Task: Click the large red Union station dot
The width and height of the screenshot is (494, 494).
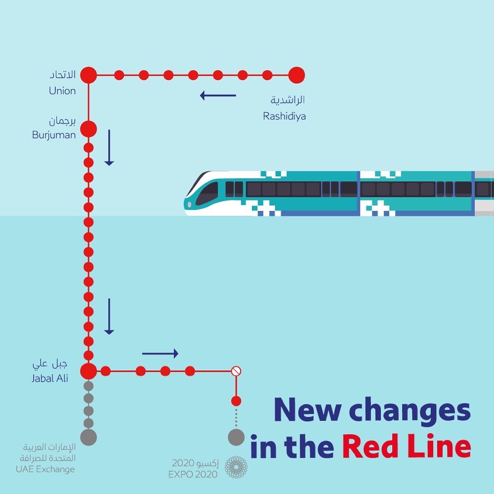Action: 88,75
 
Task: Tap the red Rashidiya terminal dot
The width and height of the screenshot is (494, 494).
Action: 296,75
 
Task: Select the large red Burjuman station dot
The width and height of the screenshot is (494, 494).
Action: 88,128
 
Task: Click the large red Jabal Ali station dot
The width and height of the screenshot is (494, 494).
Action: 88,370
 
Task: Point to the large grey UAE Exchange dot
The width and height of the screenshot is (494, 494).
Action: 88,437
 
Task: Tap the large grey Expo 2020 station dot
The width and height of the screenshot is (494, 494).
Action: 236,437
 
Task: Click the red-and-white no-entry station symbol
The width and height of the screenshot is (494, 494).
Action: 236,370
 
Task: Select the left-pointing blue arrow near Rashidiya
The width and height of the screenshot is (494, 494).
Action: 218,95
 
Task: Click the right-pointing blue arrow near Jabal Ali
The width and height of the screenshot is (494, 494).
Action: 160,353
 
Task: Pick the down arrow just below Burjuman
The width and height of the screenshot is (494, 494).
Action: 109,148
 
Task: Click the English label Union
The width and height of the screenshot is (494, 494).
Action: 62,91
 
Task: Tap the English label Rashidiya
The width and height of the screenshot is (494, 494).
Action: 284,117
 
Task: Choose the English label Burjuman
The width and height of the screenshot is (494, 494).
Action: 54,134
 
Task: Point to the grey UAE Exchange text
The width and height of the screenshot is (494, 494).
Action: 45,469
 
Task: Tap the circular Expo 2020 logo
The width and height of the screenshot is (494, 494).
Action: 236,467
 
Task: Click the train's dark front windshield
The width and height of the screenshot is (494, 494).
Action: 206,192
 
